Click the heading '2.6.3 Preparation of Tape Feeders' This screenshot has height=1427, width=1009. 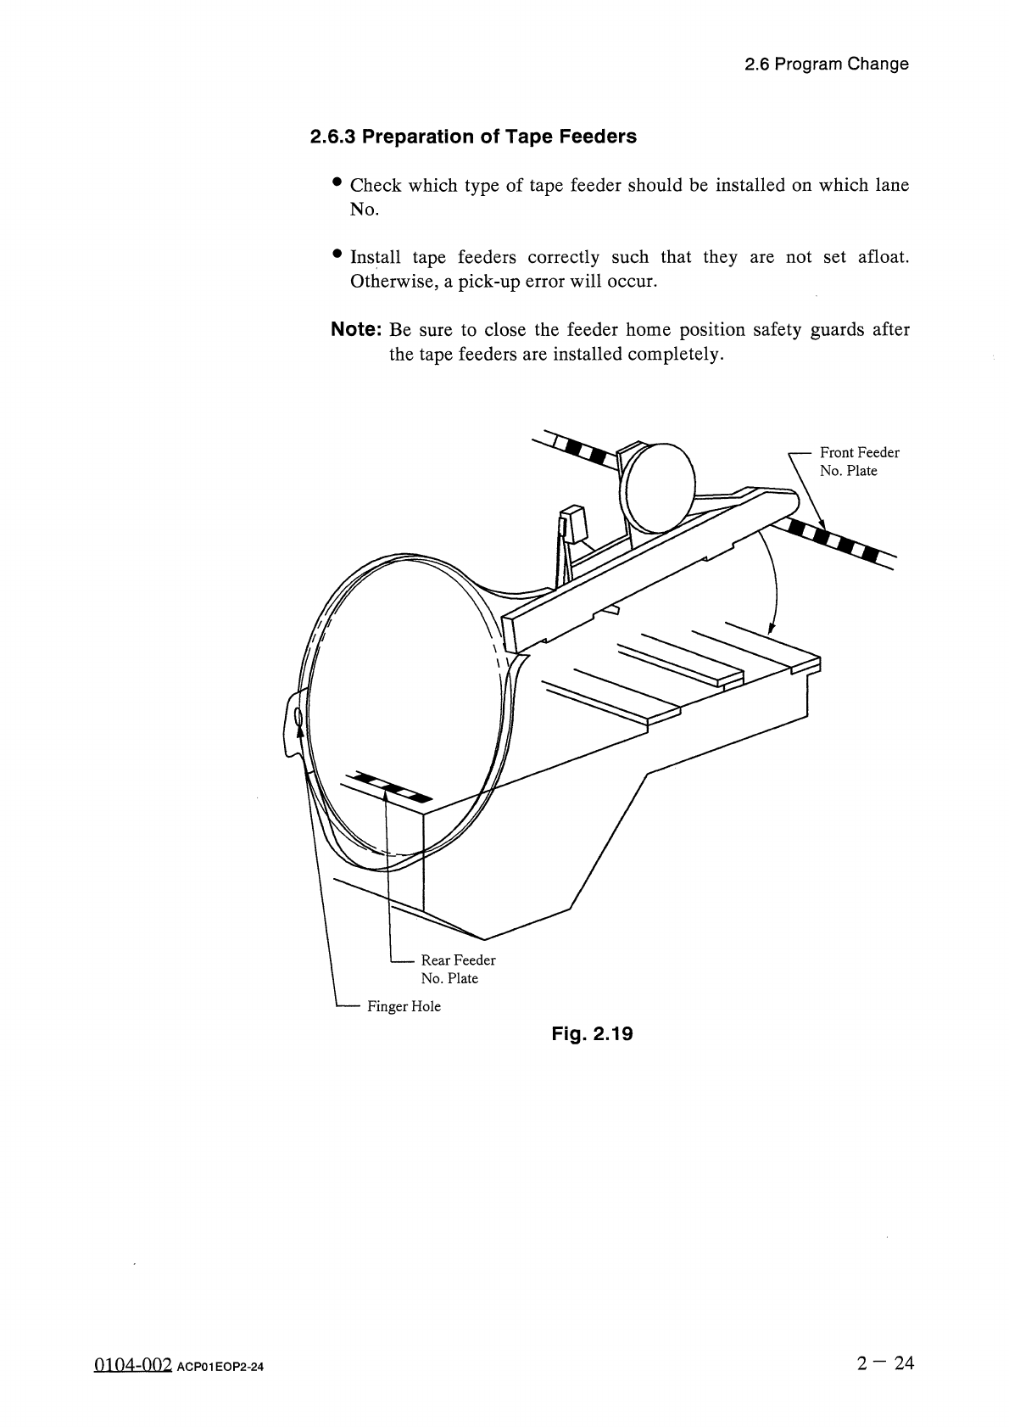(x=473, y=137)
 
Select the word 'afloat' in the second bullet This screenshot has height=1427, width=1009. (x=883, y=257)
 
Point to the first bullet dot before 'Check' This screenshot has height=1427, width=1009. (x=337, y=182)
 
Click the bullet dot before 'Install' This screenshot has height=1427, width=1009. (x=337, y=254)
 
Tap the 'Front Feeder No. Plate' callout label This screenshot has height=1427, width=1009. (x=858, y=462)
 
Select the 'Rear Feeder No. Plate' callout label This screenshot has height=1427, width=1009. (x=458, y=969)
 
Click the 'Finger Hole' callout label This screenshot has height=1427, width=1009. (x=404, y=1007)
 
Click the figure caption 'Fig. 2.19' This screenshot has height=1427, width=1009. (x=592, y=1034)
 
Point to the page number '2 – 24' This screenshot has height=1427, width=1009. (x=885, y=1363)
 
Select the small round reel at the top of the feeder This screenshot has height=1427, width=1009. (x=659, y=483)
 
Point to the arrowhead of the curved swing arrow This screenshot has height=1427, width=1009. (x=771, y=629)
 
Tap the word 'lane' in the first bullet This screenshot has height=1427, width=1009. (x=891, y=185)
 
